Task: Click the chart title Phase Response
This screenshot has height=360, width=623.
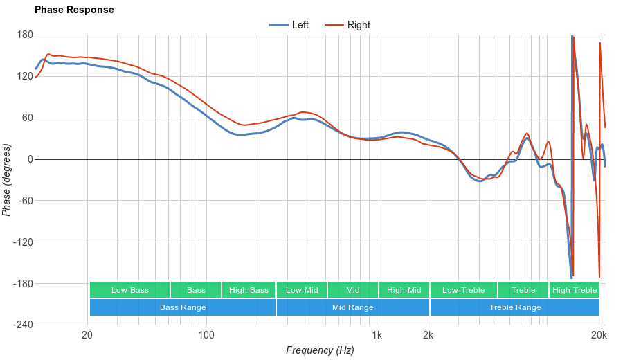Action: [74, 10]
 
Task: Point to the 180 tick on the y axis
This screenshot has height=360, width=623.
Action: [25, 35]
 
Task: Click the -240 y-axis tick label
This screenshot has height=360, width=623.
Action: [22, 325]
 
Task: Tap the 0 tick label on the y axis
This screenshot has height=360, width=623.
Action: [30, 159]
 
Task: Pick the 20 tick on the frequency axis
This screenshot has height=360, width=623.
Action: [87, 335]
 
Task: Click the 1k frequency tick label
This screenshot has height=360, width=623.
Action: [377, 335]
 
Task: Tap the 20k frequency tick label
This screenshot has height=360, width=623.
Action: [599, 335]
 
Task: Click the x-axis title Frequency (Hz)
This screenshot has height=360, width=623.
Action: [320, 350]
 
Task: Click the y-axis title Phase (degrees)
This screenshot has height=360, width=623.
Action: [7, 180]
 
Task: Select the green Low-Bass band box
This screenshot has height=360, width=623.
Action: [129, 290]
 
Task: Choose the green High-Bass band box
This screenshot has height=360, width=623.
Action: [249, 290]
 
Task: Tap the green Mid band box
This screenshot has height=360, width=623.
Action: [353, 290]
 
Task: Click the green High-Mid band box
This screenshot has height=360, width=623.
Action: [404, 290]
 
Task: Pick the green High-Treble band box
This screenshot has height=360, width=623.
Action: [575, 290]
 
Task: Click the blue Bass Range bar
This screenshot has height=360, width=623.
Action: [183, 307]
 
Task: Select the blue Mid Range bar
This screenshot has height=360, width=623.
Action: [353, 307]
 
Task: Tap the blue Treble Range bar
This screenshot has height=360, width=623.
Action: [515, 307]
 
